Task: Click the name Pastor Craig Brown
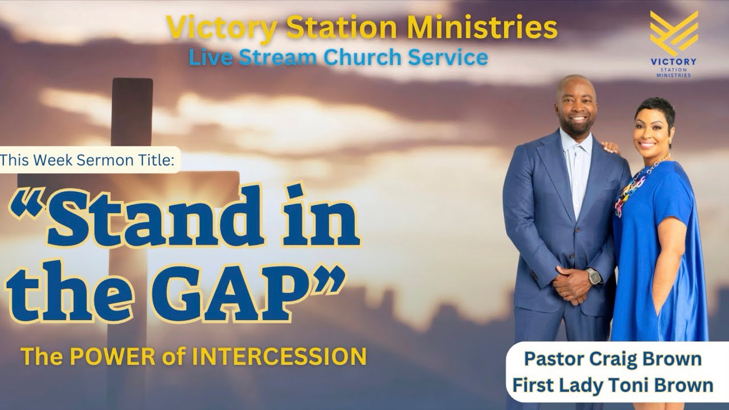613,359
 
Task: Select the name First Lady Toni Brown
613,385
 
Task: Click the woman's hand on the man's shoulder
611,147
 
